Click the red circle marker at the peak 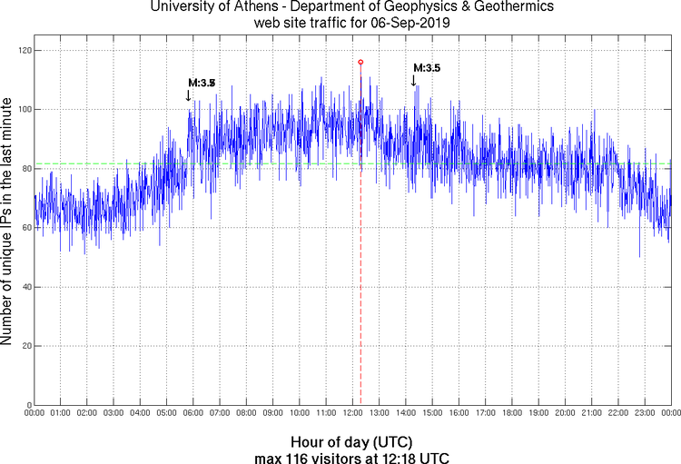[360, 62]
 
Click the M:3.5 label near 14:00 [427, 68]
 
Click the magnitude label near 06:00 [202, 84]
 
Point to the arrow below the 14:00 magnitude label [413, 81]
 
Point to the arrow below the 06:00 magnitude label [188, 95]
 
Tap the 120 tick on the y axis [23, 51]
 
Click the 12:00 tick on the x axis [353, 414]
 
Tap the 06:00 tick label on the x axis [193, 414]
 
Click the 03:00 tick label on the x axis [114, 414]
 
